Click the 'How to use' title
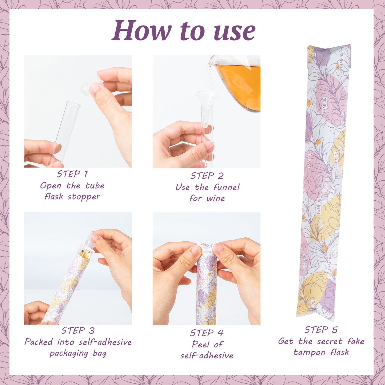(x=183, y=31)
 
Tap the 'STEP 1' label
(x=72, y=174)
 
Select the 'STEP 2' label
(x=207, y=176)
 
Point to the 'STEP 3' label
(x=78, y=331)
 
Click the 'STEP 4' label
(x=207, y=333)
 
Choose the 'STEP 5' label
(x=321, y=330)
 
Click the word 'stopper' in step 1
(x=84, y=197)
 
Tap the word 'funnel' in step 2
(x=226, y=187)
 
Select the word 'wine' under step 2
(x=216, y=198)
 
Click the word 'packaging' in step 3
(x=69, y=354)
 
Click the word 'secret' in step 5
(x=330, y=341)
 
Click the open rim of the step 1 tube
(x=73, y=104)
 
